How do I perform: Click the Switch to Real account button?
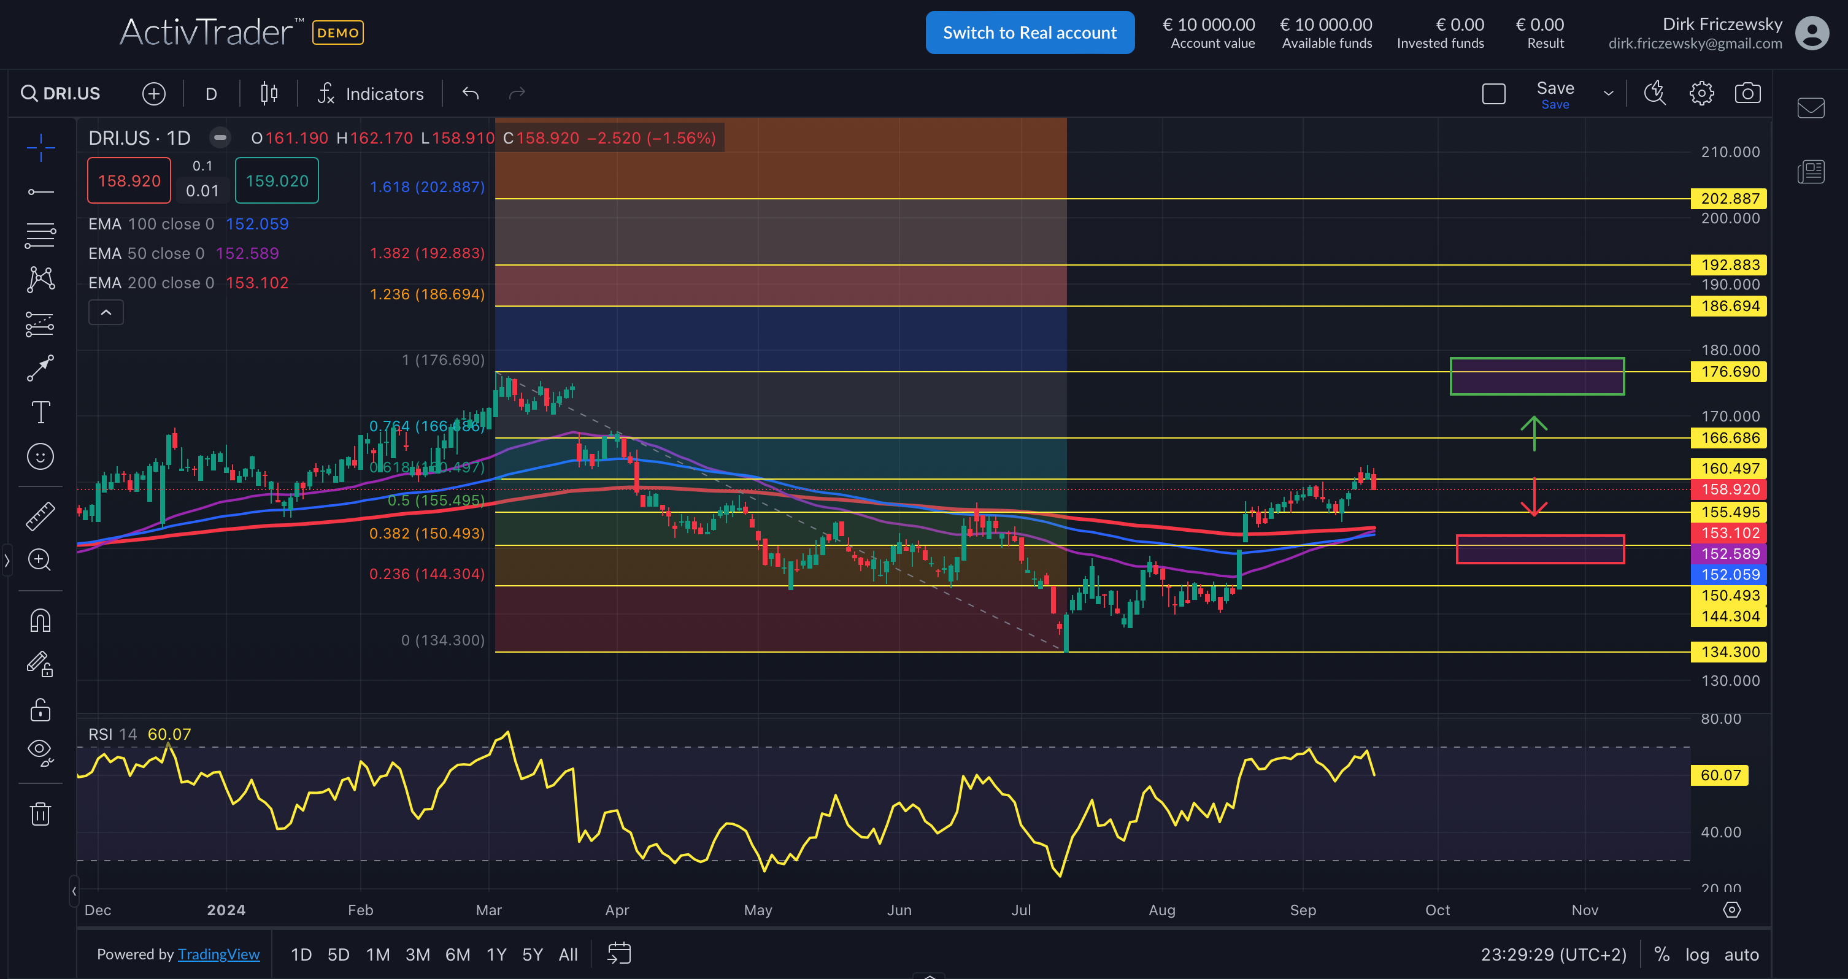tap(1030, 33)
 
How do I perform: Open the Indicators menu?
tap(371, 94)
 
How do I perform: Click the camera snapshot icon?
tap(1747, 93)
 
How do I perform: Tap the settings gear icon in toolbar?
tap(1701, 93)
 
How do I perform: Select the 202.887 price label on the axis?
tap(1729, 199)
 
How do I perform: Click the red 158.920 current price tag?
tap(1729, 490)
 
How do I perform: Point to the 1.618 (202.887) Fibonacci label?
tap(427, 187)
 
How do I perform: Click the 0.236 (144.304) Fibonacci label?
tap(427, 574)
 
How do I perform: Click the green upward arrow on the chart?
tap(1534, 432)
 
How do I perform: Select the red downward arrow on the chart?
tap(1534, 497)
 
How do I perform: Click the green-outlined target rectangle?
tap(1537, 377)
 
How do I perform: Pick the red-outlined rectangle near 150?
tap(1539, 550)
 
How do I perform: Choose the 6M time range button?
tap(458, 954)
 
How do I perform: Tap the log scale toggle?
tap(1696, 954)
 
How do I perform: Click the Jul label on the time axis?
tap(1020, 910)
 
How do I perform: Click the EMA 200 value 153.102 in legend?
tap(257, 283)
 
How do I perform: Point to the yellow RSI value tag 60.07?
tap(1720, 775)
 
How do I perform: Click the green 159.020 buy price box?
tap(277, 181)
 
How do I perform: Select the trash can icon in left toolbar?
tap(40, 814)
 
